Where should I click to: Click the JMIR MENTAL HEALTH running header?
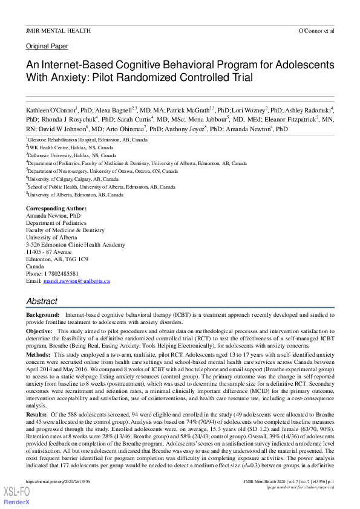tap(58, 30)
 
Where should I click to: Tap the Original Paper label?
tap(47, 47)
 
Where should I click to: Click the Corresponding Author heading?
tap(56, 208)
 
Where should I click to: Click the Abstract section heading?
tap(42, 301)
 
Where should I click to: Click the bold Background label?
tap(42, 316)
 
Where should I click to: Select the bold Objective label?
tap(39, 332)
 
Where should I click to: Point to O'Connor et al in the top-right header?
tap(316, 30)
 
